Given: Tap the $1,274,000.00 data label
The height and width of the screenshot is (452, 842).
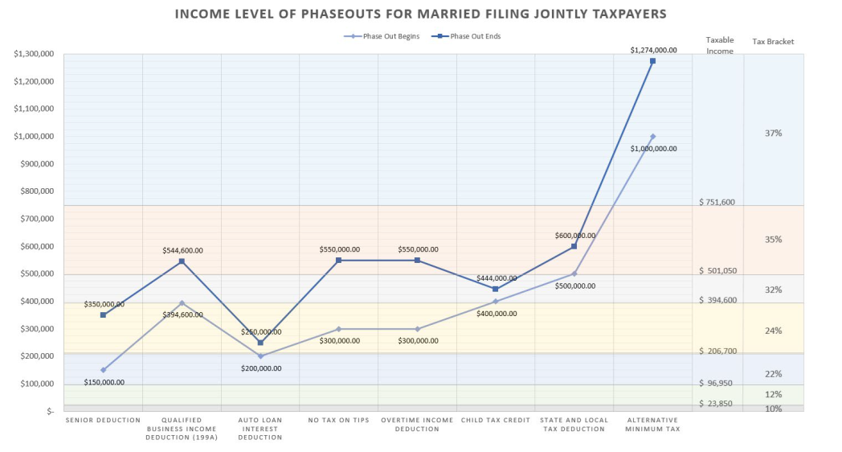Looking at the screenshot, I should tap(652, 50).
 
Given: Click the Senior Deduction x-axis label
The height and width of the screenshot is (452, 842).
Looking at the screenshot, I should tap(103, 420).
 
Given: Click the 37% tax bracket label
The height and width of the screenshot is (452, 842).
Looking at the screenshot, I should tap(773, 133).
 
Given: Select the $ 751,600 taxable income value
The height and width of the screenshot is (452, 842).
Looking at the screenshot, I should tap(717, 203).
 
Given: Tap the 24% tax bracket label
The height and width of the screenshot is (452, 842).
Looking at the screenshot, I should tap(773, 331).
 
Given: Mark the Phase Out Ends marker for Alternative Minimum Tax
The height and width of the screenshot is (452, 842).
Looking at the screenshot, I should tap(652, 61).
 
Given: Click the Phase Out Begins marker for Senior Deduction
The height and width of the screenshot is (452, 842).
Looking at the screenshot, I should tap(103, 370).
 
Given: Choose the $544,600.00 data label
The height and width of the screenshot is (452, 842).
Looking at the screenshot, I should tap(182, 250).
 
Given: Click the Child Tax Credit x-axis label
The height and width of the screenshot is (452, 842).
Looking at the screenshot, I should tap(495, 420).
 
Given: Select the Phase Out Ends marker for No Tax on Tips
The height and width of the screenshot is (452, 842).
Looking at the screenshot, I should tap(338, 261).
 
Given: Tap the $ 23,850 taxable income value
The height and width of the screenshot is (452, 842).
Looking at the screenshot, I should tap(715, 404).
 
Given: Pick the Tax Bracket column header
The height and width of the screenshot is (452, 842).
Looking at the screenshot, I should tap(773, 41).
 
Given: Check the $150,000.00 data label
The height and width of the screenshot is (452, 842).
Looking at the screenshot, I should tap(104, 382).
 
